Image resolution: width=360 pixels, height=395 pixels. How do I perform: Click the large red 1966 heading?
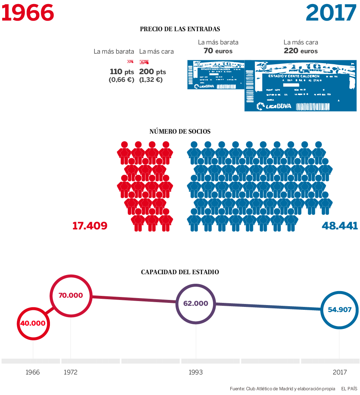pos(28,13)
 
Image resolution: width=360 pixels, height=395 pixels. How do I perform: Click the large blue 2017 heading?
pos(331,13)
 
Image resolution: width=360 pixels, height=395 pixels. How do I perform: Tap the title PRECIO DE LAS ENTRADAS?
pos(180,29)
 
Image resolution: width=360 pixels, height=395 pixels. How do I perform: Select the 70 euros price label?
pos(218,51)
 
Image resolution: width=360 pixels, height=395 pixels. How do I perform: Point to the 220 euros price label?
pos(300,51)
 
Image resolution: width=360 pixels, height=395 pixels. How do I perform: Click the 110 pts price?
pos(122,72)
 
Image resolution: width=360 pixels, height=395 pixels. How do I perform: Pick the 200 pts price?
pos(152,72)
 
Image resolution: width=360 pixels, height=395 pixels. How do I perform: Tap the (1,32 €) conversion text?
pos(151,80)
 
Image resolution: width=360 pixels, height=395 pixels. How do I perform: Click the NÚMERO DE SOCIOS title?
pos(180,131)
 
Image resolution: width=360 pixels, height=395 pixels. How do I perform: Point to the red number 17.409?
pos(90,225)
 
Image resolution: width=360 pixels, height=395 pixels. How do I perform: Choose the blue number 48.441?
pos(340,225)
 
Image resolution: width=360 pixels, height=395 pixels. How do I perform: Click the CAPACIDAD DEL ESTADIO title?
pos(180,272)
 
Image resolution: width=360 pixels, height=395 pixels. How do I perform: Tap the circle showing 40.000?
pos(33,323)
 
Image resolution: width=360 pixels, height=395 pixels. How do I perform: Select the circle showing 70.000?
pos(71,295)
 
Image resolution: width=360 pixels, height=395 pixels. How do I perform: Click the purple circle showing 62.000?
pos(196,304)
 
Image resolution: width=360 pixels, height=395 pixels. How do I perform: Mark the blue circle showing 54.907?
pos(339,309)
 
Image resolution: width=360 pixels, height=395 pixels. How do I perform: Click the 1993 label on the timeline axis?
pos(195,372)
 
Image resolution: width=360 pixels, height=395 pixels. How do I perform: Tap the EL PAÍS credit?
pos(349,389)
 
